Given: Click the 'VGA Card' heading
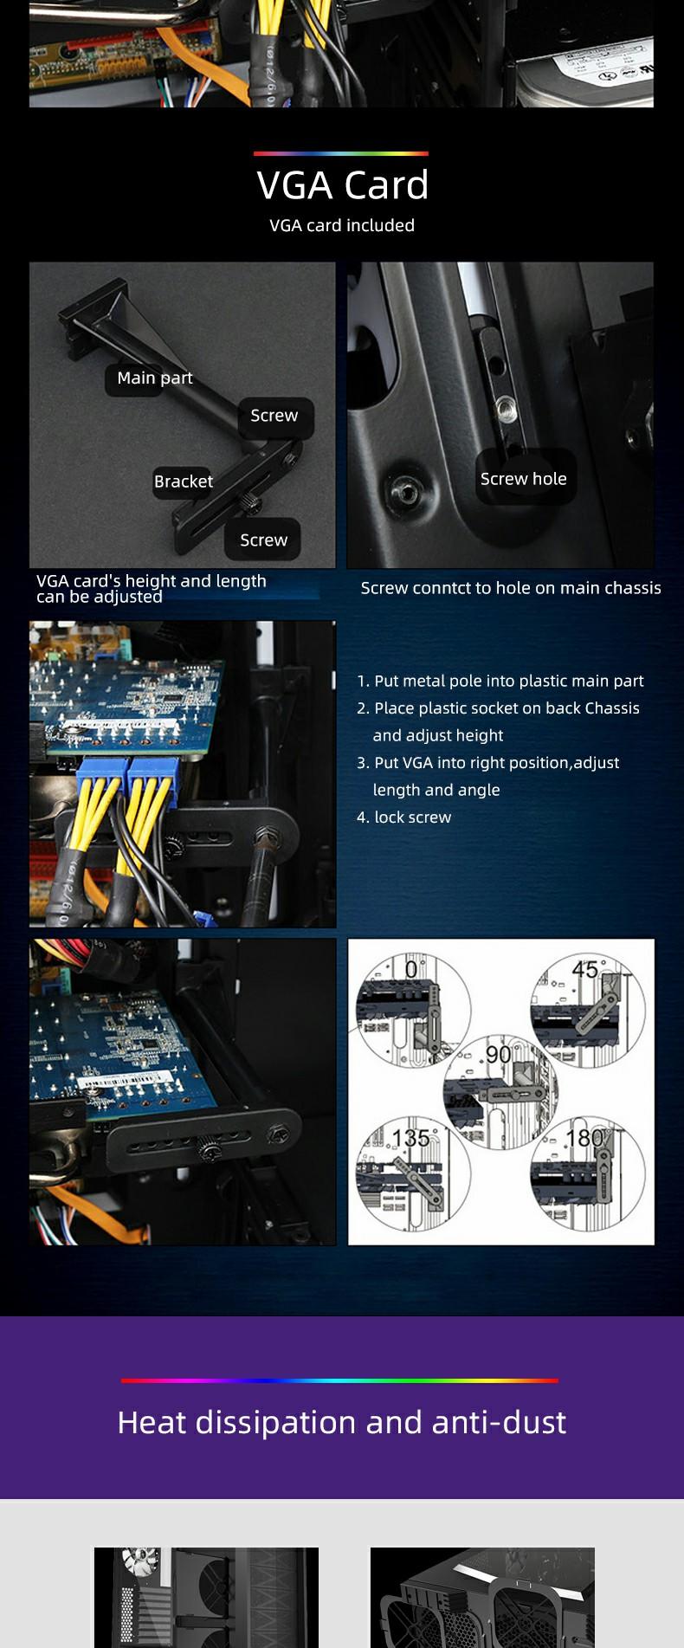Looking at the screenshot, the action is click(342, 184).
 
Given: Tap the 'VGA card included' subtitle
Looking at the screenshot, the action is click(342, 225).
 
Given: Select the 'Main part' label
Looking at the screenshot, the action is click(154, 378).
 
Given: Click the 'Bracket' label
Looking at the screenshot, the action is click(183, 481).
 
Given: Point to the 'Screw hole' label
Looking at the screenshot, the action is click(524, 479).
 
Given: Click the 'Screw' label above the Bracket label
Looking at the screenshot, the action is click(274, 416).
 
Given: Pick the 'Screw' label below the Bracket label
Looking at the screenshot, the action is click(263, 540).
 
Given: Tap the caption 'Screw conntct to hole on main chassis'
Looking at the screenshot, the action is click(511, 588).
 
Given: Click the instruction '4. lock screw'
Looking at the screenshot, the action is click(403, 817).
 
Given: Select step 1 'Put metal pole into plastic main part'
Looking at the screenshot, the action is click(500, 681).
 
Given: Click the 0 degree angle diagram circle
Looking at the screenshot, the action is click(414, 1009).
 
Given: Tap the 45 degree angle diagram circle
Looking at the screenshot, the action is click(588, 1009).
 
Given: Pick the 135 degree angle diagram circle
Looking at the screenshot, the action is click(414, 1173).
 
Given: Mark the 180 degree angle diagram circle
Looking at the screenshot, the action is click(588, 1173).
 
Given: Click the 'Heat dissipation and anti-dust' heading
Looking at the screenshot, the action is click(342, 1422).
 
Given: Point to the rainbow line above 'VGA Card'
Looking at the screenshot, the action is click(341, 153).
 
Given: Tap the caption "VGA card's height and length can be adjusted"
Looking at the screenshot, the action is click(152, 588).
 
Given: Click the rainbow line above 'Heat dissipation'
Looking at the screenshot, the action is click(339, 1380).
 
